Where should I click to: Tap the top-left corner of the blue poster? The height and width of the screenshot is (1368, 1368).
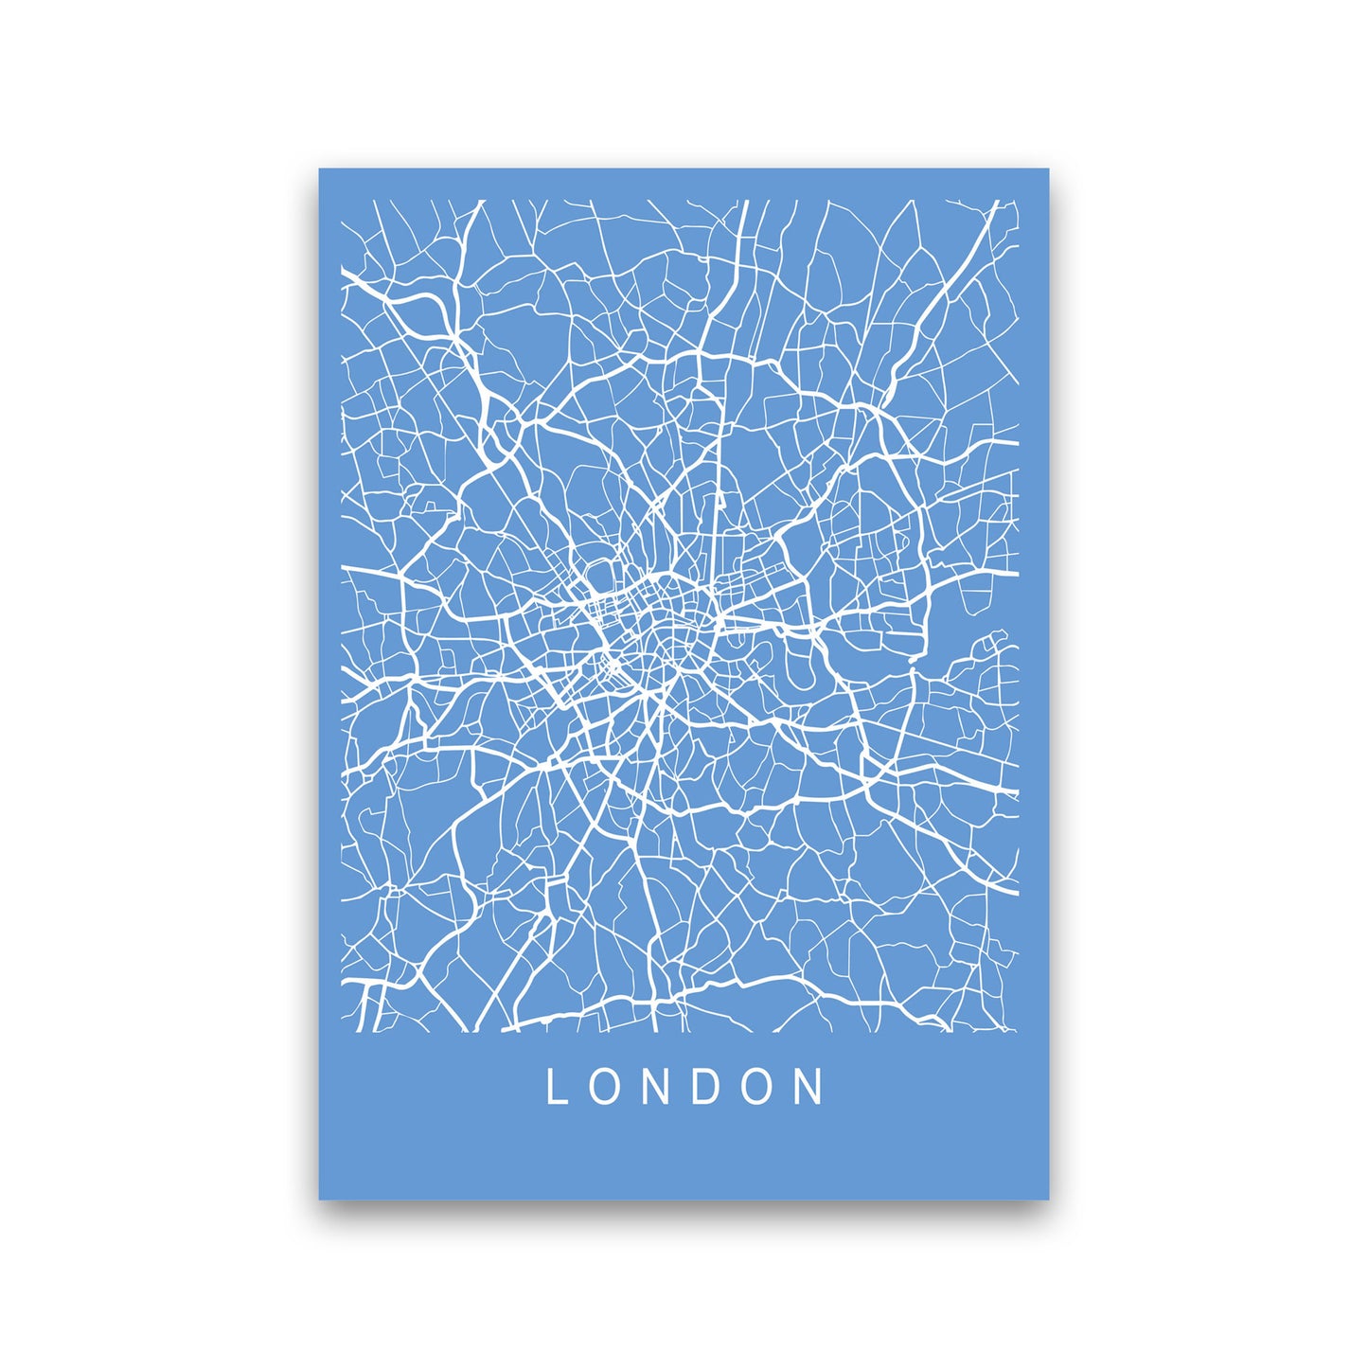[320, 169]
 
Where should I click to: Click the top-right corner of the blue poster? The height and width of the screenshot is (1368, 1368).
[1048, 169]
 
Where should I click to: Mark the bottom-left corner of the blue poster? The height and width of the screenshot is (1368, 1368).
[320, 1199]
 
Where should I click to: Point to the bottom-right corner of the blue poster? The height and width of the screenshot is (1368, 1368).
[1048, 1199]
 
